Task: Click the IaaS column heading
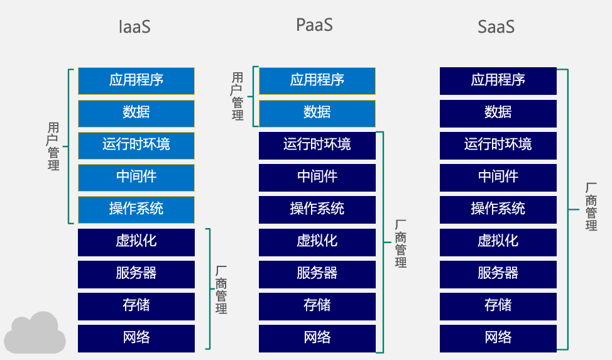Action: click(135, 27)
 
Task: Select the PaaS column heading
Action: click(314, 25)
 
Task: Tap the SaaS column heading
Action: click(496, 27)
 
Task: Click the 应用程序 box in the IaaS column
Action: click(136, 80)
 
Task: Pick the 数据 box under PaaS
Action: click(317, 112)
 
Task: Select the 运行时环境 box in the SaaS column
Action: click(498, 145)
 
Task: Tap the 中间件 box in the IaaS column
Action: click(136, 177)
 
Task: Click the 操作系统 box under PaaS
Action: click(317, 209)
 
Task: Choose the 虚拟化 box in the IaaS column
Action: click(136, 241)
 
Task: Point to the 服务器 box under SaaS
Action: click(498, 273)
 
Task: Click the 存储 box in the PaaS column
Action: click(317, 306)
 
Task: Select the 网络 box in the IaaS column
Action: click(136, 338)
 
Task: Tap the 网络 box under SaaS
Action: click(498, 338)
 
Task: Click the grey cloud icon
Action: click(36, 334)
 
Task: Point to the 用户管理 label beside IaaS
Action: click(53, 146)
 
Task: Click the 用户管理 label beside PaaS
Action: click(238, 96)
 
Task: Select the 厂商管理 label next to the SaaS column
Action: click(591, 207)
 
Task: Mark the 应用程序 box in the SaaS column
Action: click(498, 80)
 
